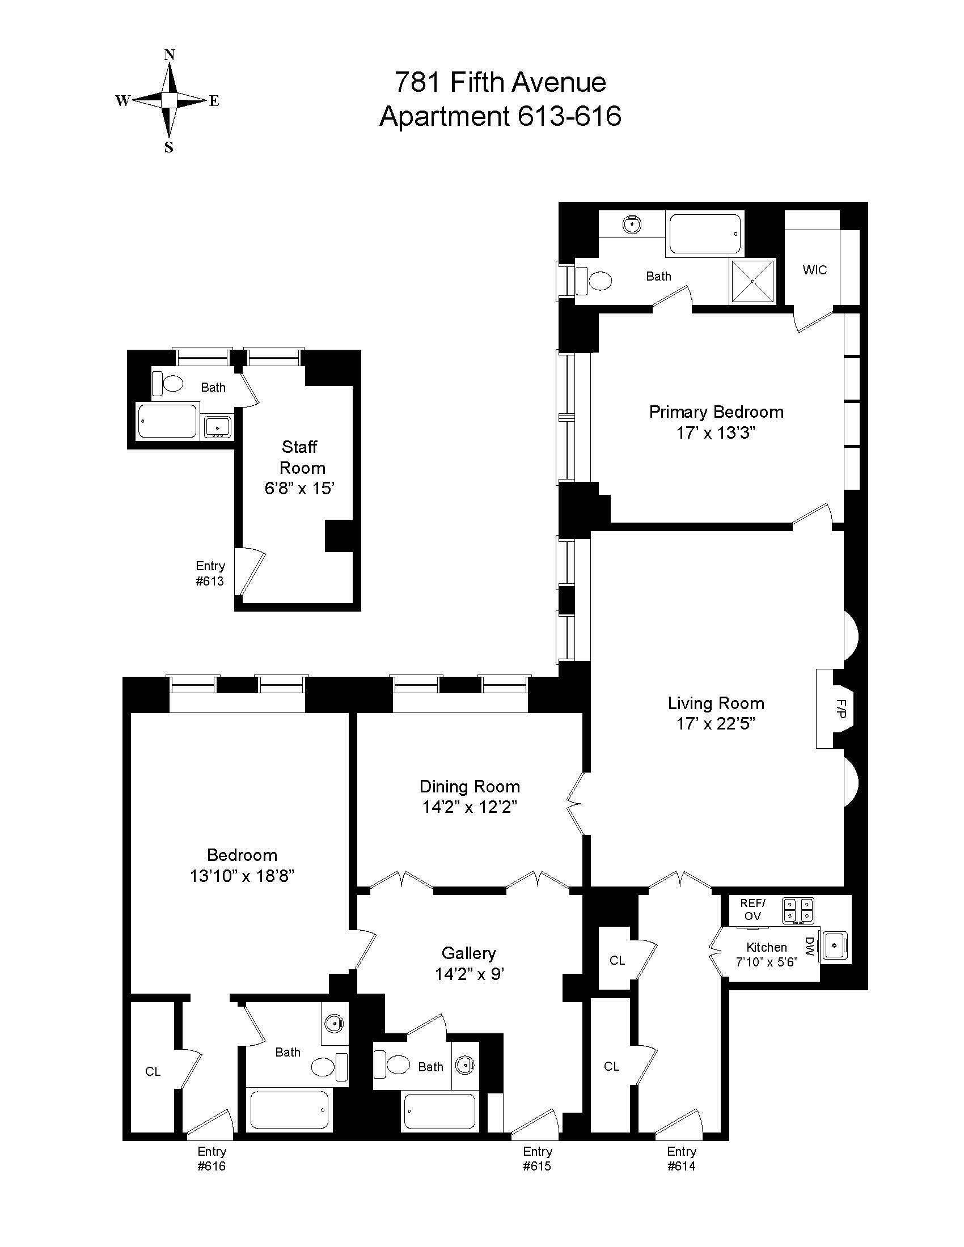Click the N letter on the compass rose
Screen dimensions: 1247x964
pyautogui.click(x=169, y=55)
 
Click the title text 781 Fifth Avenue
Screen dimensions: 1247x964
pyautogui.click(x=500, y=82)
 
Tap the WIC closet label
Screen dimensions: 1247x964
pyautogui.click(x=814, y=269)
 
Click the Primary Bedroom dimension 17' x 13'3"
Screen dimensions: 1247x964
pyautogui.click(x=716, y=433)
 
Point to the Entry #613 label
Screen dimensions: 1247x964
pyautogui.click(x=210, y=573)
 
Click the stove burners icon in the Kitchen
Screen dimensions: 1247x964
pyautogui.click(x=798, y=910)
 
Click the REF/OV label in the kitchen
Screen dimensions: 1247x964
pyautogui.click(x=752, y=910)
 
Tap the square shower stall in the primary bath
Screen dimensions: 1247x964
pyautogui.click(x=752, y=281)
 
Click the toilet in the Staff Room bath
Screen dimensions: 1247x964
pyautogui.click(x=169, y=383)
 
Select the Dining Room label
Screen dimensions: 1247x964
pyautogui.click(x=470, y=786)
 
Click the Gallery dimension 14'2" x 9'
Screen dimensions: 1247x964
pyautogui.click(x=469, y=973)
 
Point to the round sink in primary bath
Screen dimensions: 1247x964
pyautogui.click(x=632, y=225)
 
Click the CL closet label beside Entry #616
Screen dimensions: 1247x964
pyautogui.click(x=153, y=1072)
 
